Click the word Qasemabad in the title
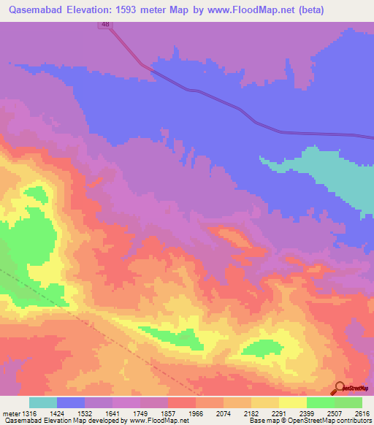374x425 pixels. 34,10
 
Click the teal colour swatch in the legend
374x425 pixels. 43,403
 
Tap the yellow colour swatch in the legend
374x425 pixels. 293,403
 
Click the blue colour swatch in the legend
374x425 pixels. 71,403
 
